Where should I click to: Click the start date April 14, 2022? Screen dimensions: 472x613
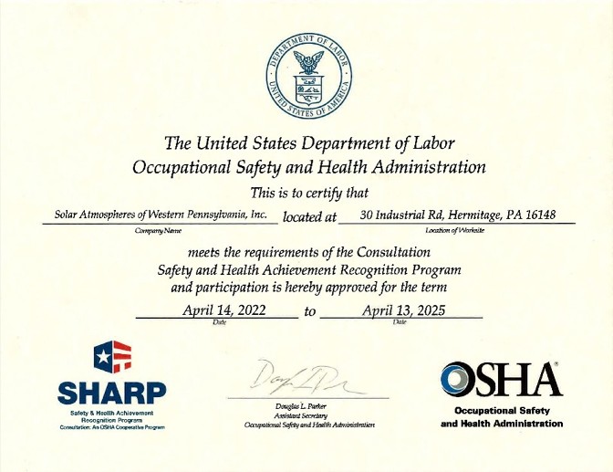point(223,310)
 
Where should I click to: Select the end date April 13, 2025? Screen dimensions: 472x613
point(403,310)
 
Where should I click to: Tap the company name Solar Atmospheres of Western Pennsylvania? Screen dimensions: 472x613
point(161,215)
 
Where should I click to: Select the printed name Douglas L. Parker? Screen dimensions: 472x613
point(300,406)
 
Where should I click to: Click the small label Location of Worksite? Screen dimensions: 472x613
point(454,231)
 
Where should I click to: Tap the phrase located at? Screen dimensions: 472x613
point(309,216)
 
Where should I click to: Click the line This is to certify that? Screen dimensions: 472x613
point(308,192)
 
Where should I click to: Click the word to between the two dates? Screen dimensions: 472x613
point(310,311)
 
